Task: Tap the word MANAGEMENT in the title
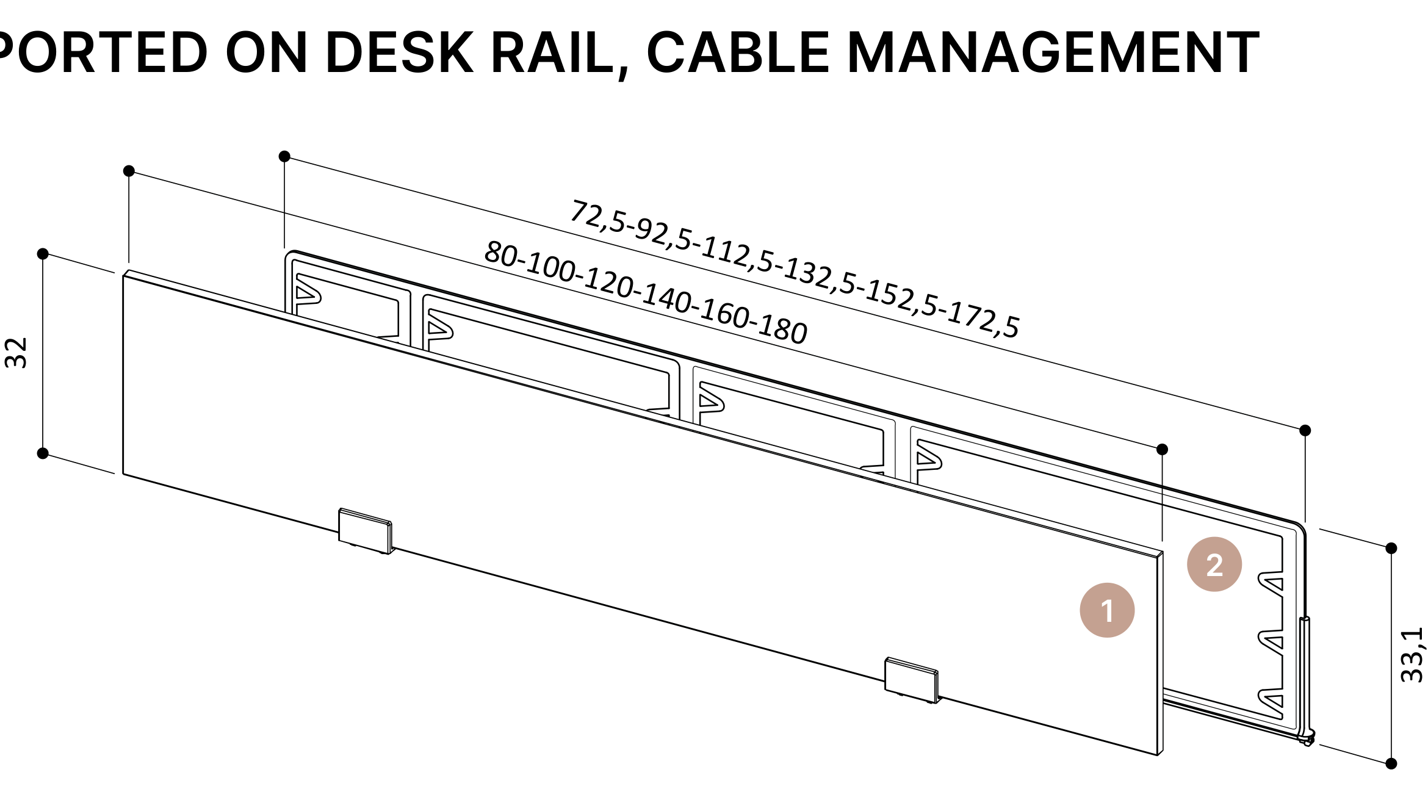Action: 1053,52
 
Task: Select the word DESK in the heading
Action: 400,52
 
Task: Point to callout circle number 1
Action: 1107,610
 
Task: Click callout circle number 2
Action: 1214,564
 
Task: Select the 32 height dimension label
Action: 16,353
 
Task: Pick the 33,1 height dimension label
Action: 1412,655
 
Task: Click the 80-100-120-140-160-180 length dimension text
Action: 646,293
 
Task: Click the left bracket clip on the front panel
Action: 366,531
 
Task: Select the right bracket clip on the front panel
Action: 912,680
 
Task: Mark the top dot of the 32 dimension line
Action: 43,254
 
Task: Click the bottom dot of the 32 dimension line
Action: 43,453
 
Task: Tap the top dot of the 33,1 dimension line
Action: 1391,548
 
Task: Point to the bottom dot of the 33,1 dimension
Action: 1391,763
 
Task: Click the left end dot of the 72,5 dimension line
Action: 284,156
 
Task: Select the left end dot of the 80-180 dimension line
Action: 129,171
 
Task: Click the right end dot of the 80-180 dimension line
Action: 1162,449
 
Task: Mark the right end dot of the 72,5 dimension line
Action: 1305,430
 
